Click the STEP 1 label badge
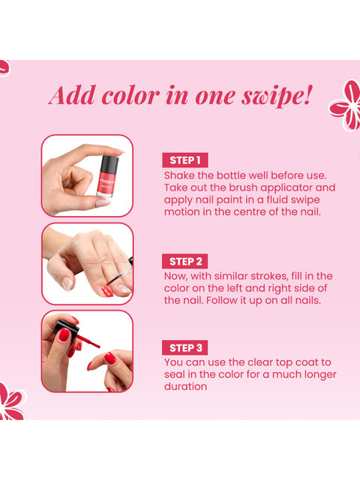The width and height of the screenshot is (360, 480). coord(185,160)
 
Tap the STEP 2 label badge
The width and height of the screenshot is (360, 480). coord(185,262)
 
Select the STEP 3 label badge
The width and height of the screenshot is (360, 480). coord(185,348)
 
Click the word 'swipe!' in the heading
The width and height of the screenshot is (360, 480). coord(277,96)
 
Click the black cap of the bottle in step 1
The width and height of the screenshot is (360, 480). coord(109,163)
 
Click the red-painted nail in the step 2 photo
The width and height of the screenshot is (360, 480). coord(107,291)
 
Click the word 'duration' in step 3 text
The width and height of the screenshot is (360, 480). coord(185,387)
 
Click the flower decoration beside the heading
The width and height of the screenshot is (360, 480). coord(346,106)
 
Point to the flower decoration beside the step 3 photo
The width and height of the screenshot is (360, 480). coord(11,402)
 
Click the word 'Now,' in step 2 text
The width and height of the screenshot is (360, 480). coord(176,277)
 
